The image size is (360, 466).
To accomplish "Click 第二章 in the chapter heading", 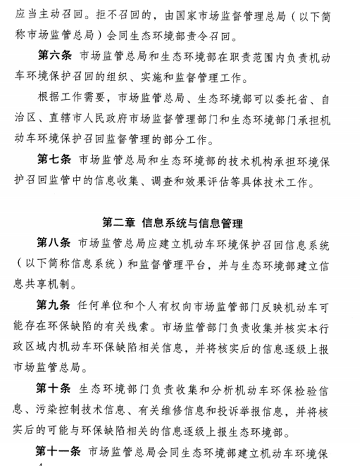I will (119, 223).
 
